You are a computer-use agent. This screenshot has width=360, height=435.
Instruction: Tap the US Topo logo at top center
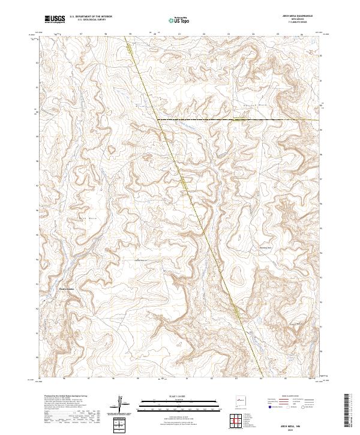click(173, 20)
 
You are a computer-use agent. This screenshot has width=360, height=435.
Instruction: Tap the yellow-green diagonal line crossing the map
click(198, 210)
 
